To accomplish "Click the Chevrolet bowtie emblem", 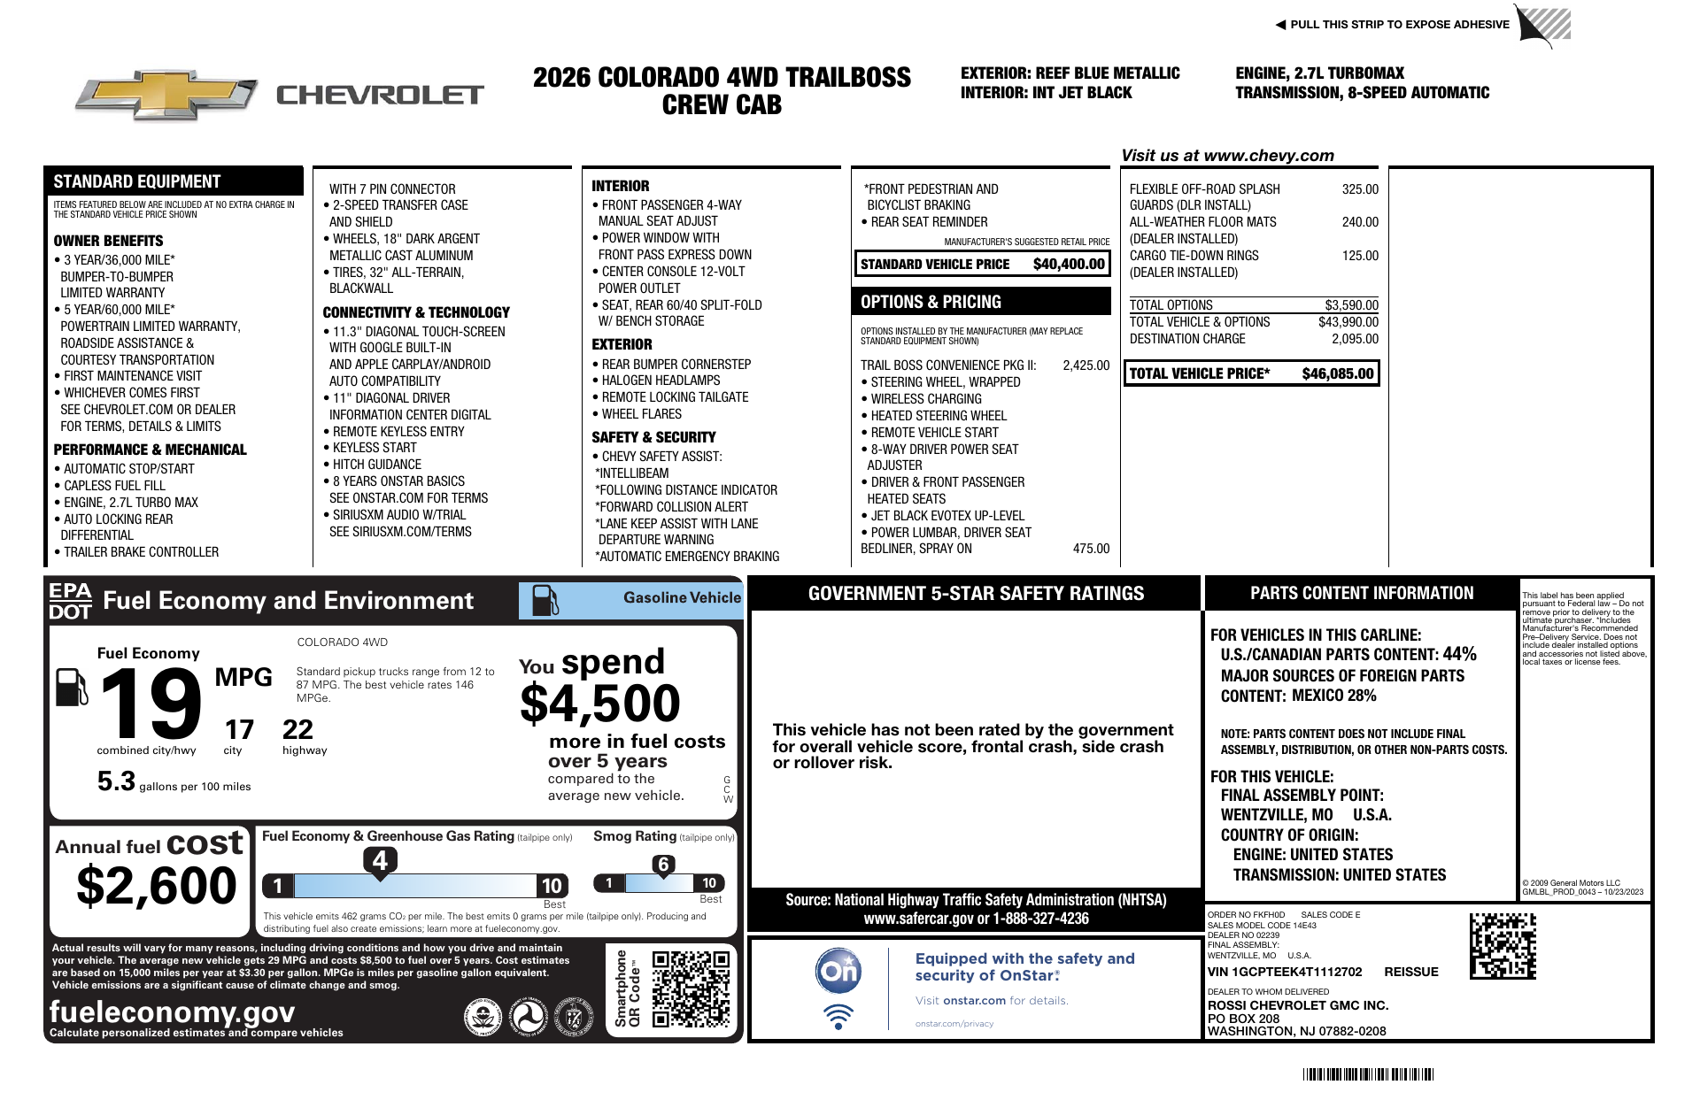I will point(166,95).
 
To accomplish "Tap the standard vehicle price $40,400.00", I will point(1069,264).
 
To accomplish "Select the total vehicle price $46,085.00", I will point(1337,373).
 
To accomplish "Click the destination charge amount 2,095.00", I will point(1355,339).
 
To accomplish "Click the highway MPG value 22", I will point(297,730).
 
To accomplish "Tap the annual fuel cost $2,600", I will point(157,886).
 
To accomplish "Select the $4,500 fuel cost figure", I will point(599,704).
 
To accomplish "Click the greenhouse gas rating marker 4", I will point(380,860).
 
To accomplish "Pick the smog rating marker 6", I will point(663,865).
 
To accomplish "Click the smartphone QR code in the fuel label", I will point(691,988).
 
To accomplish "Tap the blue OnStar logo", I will point(838,971).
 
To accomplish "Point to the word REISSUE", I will point(1410,972).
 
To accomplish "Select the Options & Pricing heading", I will point(931,302).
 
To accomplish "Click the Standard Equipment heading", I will point(137,181).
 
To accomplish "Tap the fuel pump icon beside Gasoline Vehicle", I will point(545,600).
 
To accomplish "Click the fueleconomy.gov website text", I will point(172,1011).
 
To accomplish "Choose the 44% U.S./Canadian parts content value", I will point(1459,654).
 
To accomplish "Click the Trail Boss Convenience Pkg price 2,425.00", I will point(1086,365).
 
